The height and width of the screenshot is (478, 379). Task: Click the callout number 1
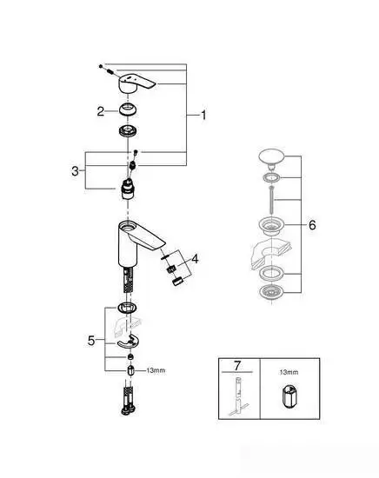pyautogui.click(x=205, y=114)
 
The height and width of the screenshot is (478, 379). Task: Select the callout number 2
pyautogui.click(x=101, y=110)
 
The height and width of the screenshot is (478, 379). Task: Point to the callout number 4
pyautogui.click(x=196, y=258)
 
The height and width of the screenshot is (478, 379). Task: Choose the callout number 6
pyautogui.click(x=312, y=224)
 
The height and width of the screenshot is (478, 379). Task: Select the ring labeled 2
pyautogui.click(x=129, y=110)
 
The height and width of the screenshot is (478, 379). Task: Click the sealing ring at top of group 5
pyautogui.click(x=126, y=309)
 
